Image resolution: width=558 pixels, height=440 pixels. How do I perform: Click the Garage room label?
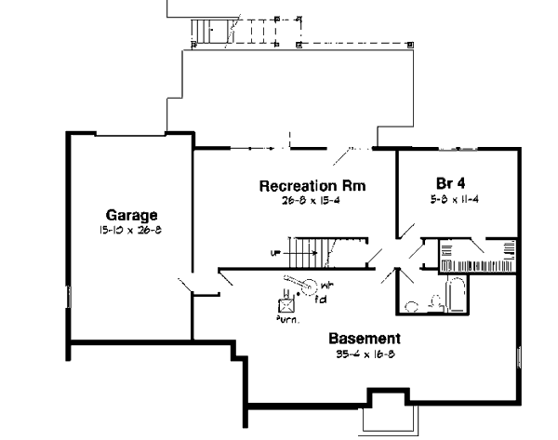(x=126, y=213)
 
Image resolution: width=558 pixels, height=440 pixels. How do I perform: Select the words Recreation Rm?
(x=312, y=185)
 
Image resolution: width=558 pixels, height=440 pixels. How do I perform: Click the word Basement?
(x=365, y=339)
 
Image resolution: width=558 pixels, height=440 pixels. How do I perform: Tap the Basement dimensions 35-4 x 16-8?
(x=365, y=354)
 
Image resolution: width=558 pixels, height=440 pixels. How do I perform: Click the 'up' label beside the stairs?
(x=276, y=252)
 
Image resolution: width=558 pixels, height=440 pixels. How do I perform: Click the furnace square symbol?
(x=288, y=303)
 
